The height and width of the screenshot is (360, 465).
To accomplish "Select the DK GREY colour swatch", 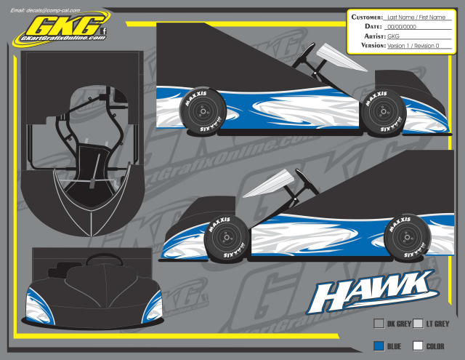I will (379, 324).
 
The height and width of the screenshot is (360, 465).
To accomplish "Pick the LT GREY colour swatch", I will (418, 324).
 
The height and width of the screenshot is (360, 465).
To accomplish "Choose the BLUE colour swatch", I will (379, 346).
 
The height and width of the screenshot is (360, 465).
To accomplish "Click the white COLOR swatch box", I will (418, 346).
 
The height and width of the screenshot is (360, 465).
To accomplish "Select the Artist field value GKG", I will (394, 36).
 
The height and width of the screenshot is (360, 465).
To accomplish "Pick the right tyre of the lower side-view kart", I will (404, 236).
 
